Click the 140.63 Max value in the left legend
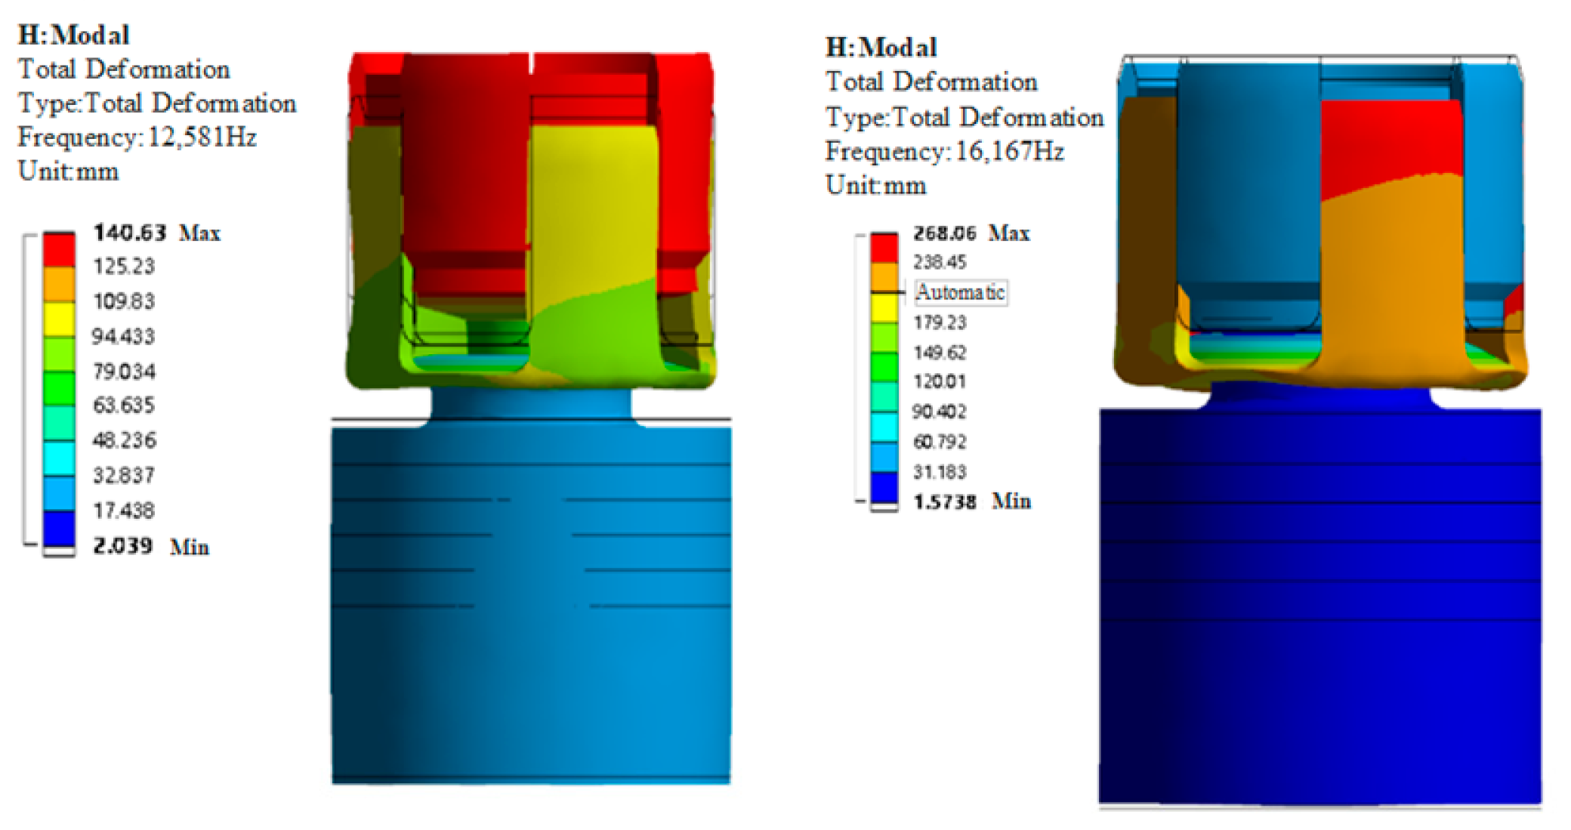pyautogui.click(x=157, y=233)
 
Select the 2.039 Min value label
pyautogui.click(x=151, y=546)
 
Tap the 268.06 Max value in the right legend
pyautogui.click(x=971, y=233)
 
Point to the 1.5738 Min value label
pyautogui.click(x=972, y=501)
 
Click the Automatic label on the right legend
pyautogui.click(x=961, y=292)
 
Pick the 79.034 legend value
pyautogui.click(x=124, y=372)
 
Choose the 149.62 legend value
pyautogui.click(x=940, y=353)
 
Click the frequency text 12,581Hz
pyautogui.click(x=202, y=137)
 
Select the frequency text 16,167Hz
pyautogui.click(x=1010, y=152)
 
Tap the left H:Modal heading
pyautogui.click(x=74, y=35)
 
